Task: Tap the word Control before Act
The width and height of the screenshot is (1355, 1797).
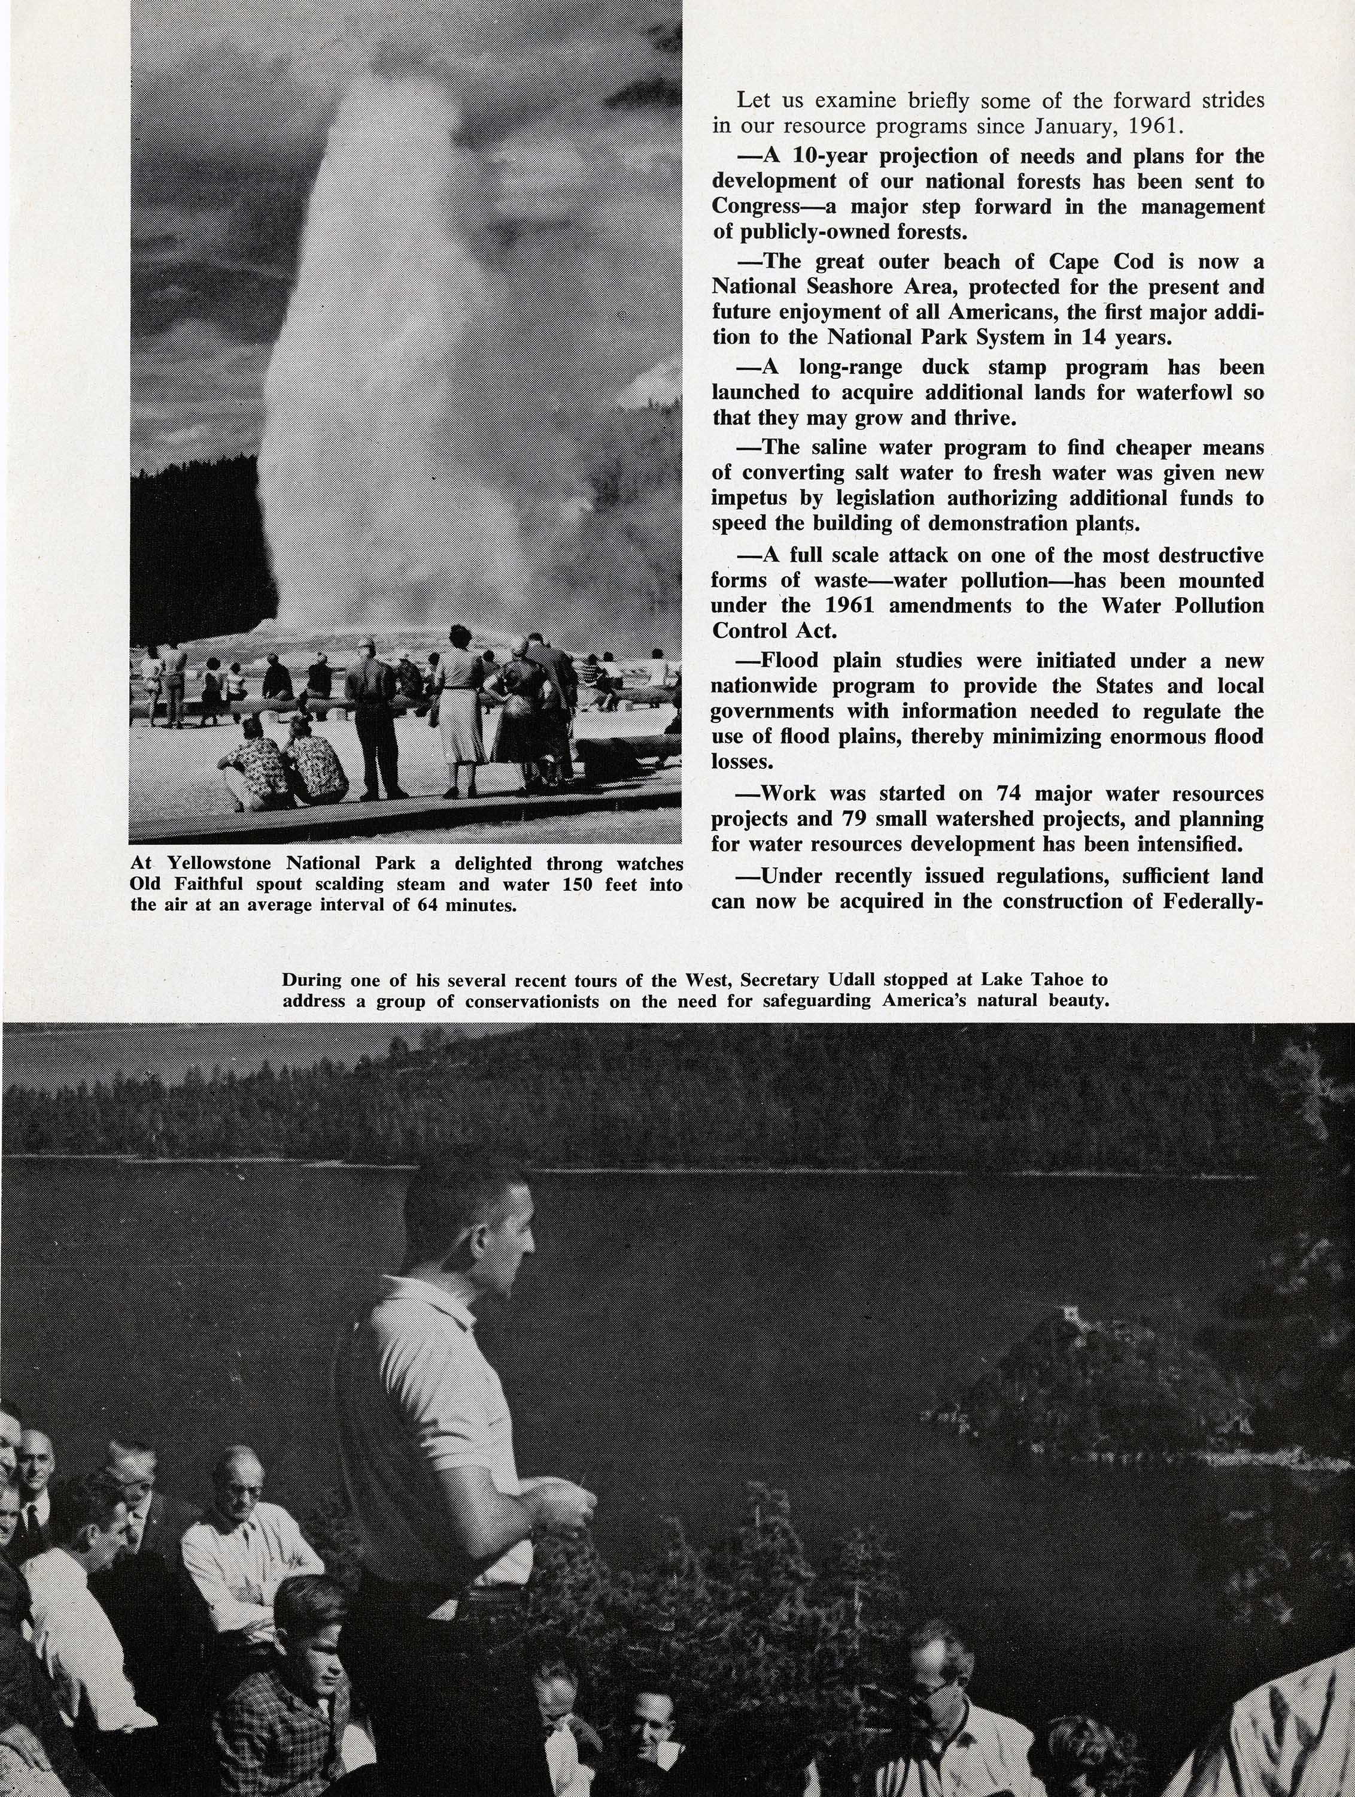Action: pyautogui.click(x=747, y=630)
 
